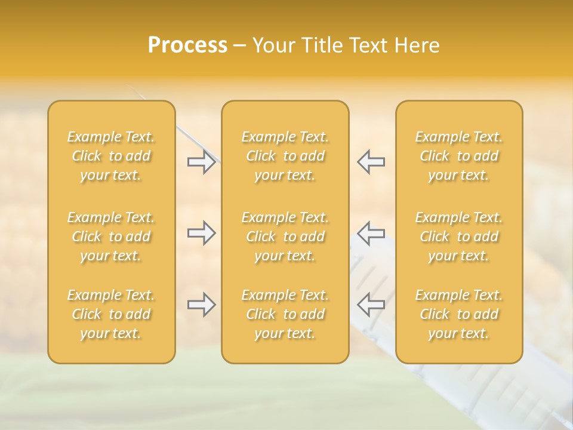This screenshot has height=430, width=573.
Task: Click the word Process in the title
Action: (x=187, y=45)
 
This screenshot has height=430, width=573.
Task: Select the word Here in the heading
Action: (x=417, y=45)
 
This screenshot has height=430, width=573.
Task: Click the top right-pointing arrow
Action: (x=201, y=162)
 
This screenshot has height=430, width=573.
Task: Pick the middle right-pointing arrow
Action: (x=201, y=233)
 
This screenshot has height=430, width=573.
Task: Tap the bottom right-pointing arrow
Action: (x=201, y=305)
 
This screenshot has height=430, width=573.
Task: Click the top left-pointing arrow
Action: (x=371, y=162)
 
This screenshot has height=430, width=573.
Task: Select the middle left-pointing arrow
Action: (x=371, y=233)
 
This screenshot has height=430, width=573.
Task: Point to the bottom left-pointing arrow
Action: (x=371, y=305)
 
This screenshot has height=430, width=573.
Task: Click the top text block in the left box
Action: (x=111, y=156)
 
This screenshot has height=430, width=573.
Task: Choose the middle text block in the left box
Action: (x=111, y=236)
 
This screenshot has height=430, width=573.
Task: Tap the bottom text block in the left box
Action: (x=111, y=314)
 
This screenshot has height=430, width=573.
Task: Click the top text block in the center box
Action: (x=285, y=156)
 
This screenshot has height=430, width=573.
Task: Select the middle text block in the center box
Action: (x=285, y=236)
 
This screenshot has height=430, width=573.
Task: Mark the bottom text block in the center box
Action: (x=285, y=314)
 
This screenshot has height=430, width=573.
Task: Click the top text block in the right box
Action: (x=459, y=156)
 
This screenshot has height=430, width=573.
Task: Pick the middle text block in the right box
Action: (x=459, y=236)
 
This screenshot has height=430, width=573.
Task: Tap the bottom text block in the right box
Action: (x=459, y=314)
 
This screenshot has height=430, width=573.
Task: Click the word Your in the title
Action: (x=273, y=45)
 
